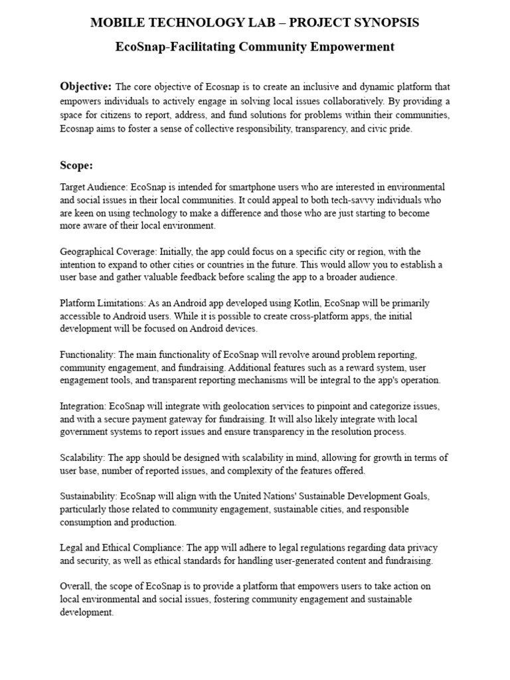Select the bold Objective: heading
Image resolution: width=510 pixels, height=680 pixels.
(86, 86)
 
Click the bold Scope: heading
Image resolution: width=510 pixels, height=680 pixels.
(76, 165)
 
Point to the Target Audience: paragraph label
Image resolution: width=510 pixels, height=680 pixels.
(94, 187)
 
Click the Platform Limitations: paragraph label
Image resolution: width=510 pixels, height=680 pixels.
(100, 303)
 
